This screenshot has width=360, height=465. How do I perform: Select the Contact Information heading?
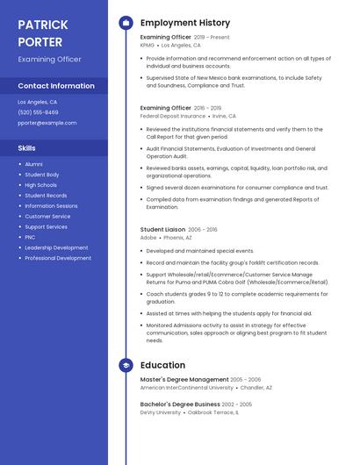[x=56, y=86]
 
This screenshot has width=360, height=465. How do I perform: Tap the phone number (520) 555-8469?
[x=38, y=112]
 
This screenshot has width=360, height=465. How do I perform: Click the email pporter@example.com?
[x=47, y=123]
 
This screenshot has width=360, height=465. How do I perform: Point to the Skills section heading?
[x=27, y=148]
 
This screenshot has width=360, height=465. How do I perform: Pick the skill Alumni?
[x=33, y=164]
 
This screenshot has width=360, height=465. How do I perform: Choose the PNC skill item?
[x=30, y=237]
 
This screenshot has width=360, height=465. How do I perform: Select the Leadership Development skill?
[x=56, y=247]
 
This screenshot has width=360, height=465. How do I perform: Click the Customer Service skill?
[x=47, y=216]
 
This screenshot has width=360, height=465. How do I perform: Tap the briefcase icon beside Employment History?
[x=126, y=23]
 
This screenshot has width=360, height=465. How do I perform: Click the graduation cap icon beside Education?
[x=126, y=365]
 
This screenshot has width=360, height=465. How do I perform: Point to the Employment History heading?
[x=185, y=23]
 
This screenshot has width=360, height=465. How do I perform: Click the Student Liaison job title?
[x=162, y=229]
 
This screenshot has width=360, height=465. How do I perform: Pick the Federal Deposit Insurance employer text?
[x=171, y=115]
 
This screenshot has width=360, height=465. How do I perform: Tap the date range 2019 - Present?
[x=212, y=37]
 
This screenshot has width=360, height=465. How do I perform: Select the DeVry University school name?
[x=161, y=411]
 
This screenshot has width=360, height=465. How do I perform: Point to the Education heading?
[x=162, y=365]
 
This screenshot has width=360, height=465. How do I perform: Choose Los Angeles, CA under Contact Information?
[x=38, y=102]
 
